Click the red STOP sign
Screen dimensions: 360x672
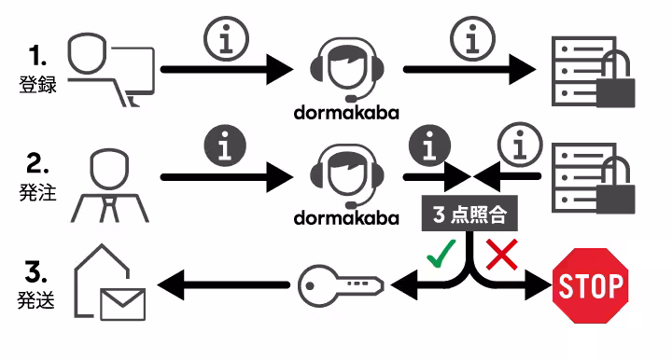[x=590, y=285]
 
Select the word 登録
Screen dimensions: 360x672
[x=37, y=84]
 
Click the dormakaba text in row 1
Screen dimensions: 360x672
[x=345, y=113]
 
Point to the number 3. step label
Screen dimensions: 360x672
[x=37, y=273]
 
